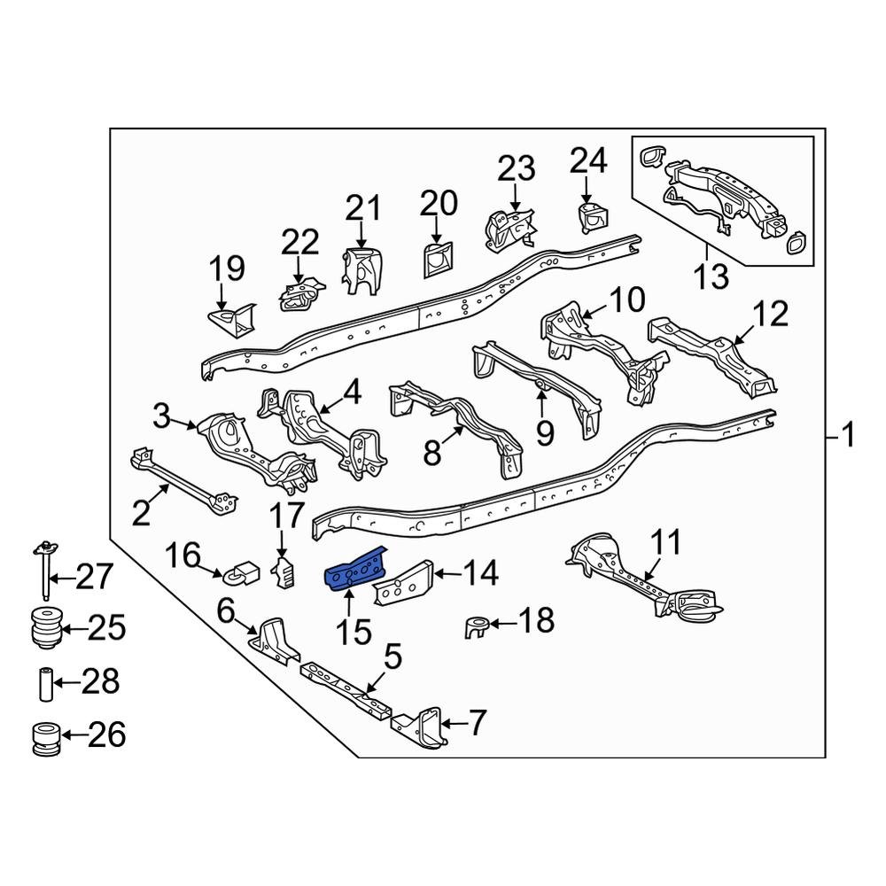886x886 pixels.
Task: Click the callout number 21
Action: (x=362, y=210)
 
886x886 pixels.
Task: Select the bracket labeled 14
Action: (x=403, y=582)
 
